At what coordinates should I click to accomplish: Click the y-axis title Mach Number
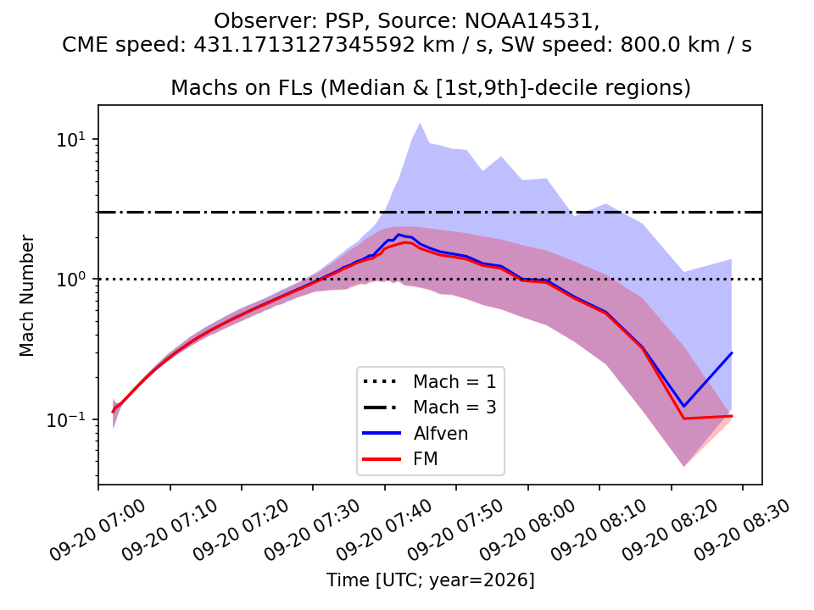coord(26,296)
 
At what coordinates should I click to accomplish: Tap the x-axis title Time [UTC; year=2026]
coord(430,579)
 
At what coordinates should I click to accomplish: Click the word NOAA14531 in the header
coord(532,21)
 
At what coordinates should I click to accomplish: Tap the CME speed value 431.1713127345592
coord(304,45)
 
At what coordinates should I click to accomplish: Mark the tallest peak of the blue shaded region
coord(420,124)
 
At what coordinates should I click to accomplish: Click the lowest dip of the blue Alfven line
coord(683,406)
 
